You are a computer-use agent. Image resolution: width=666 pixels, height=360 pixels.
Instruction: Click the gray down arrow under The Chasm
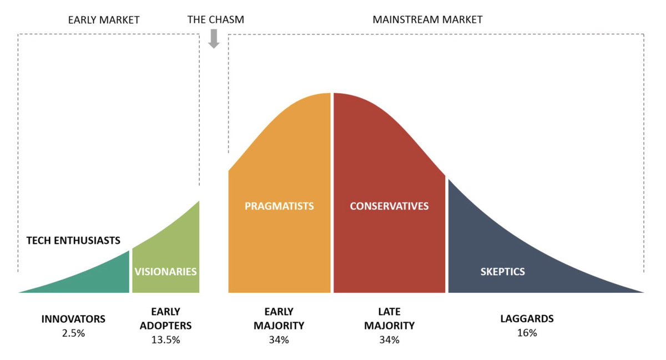214,39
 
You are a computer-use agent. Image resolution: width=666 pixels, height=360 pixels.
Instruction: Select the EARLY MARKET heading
104,20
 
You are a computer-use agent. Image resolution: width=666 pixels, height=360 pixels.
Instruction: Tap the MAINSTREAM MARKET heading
427,20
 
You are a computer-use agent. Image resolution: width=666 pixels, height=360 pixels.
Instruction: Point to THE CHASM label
215,20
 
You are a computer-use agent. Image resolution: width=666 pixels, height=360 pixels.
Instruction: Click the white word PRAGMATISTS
279,206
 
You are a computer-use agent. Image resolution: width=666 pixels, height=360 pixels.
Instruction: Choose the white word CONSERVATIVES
389,206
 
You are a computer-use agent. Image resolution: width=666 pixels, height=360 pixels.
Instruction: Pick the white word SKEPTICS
502,272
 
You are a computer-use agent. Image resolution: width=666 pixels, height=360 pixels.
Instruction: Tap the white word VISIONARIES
165,272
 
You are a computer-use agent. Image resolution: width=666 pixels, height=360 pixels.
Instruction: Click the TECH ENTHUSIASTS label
73,241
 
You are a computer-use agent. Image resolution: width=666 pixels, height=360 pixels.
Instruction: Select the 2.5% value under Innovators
73,334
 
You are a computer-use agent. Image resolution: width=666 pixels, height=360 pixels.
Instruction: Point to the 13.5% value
165,340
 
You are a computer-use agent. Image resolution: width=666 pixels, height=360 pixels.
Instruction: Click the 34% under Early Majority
279,340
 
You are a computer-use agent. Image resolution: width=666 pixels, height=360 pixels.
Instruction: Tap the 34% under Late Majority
389,340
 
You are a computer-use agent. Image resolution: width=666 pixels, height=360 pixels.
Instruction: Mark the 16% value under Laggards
527,333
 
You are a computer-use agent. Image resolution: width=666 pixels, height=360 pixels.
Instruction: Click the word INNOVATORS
73,320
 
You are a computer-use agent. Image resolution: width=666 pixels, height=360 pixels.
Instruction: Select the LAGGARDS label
527,319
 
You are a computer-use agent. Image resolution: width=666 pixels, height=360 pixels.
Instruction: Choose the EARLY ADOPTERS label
165,319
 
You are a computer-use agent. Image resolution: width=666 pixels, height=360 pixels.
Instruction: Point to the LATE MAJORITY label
389,319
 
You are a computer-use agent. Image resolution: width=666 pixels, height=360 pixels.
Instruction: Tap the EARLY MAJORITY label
279,319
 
